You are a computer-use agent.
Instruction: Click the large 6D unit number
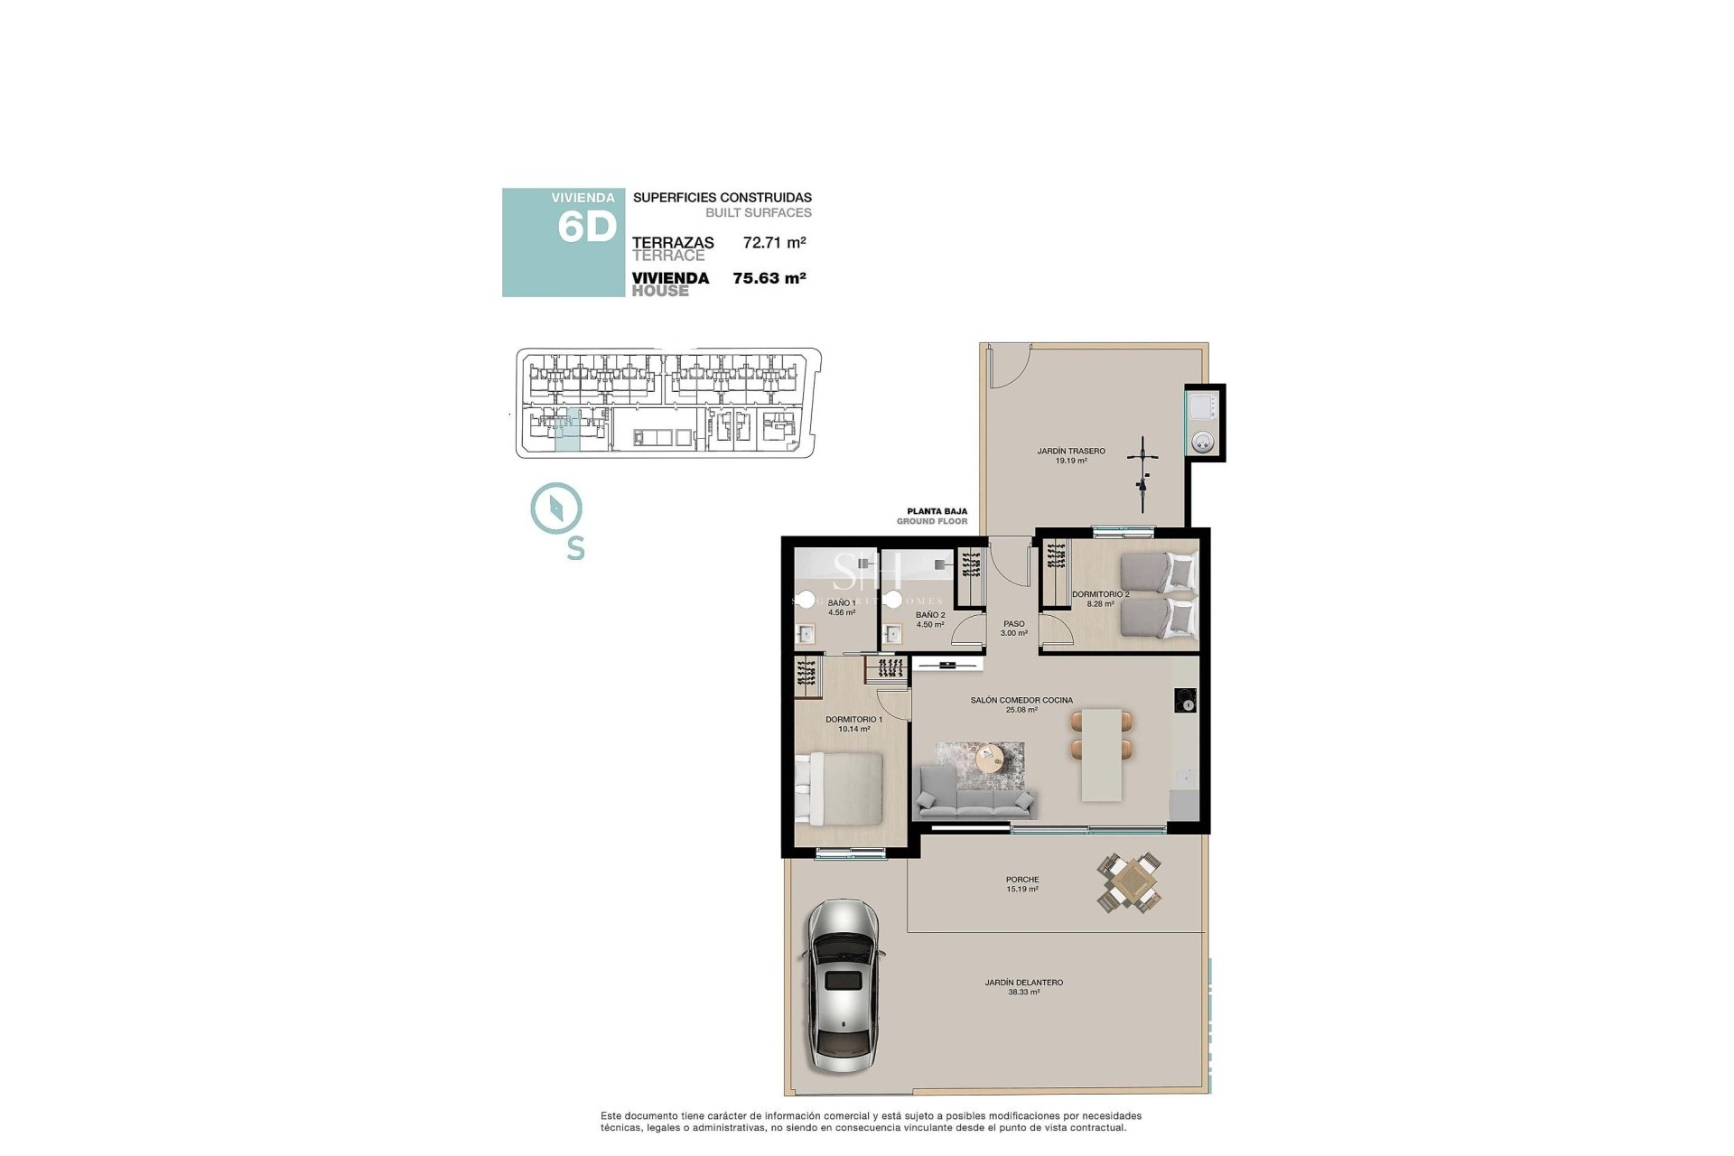click(586, 227)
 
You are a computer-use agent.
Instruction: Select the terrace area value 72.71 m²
click(774, 242)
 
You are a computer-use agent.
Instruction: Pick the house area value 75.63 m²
click(769, 278)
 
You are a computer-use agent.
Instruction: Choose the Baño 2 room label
click(929, 619)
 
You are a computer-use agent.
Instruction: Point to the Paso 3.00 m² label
click(1013, 628)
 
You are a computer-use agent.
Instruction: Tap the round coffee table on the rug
click(991, 757)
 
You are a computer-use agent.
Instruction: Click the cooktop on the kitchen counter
click(1186, 700)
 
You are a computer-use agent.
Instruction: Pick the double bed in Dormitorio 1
click(840, 788)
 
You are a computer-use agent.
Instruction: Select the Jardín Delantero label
click(1023, 987)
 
